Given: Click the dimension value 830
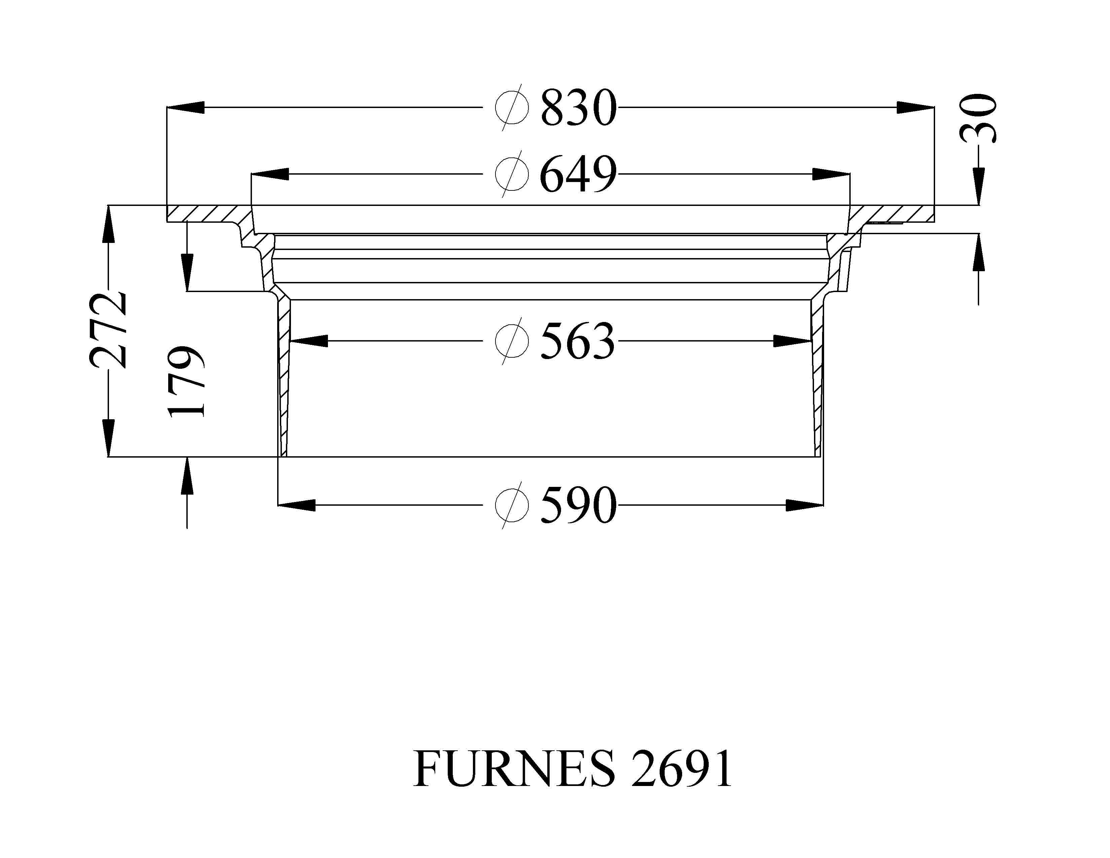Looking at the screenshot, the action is (x=579, y=108).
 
